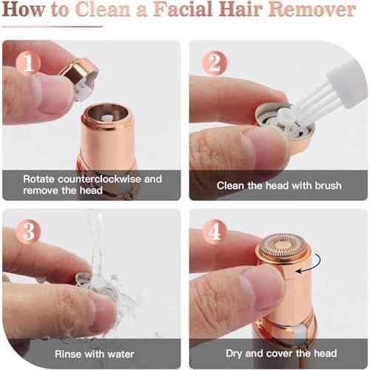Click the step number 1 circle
click(x=30, y=64)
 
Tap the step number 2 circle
click(x=215, y=64)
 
